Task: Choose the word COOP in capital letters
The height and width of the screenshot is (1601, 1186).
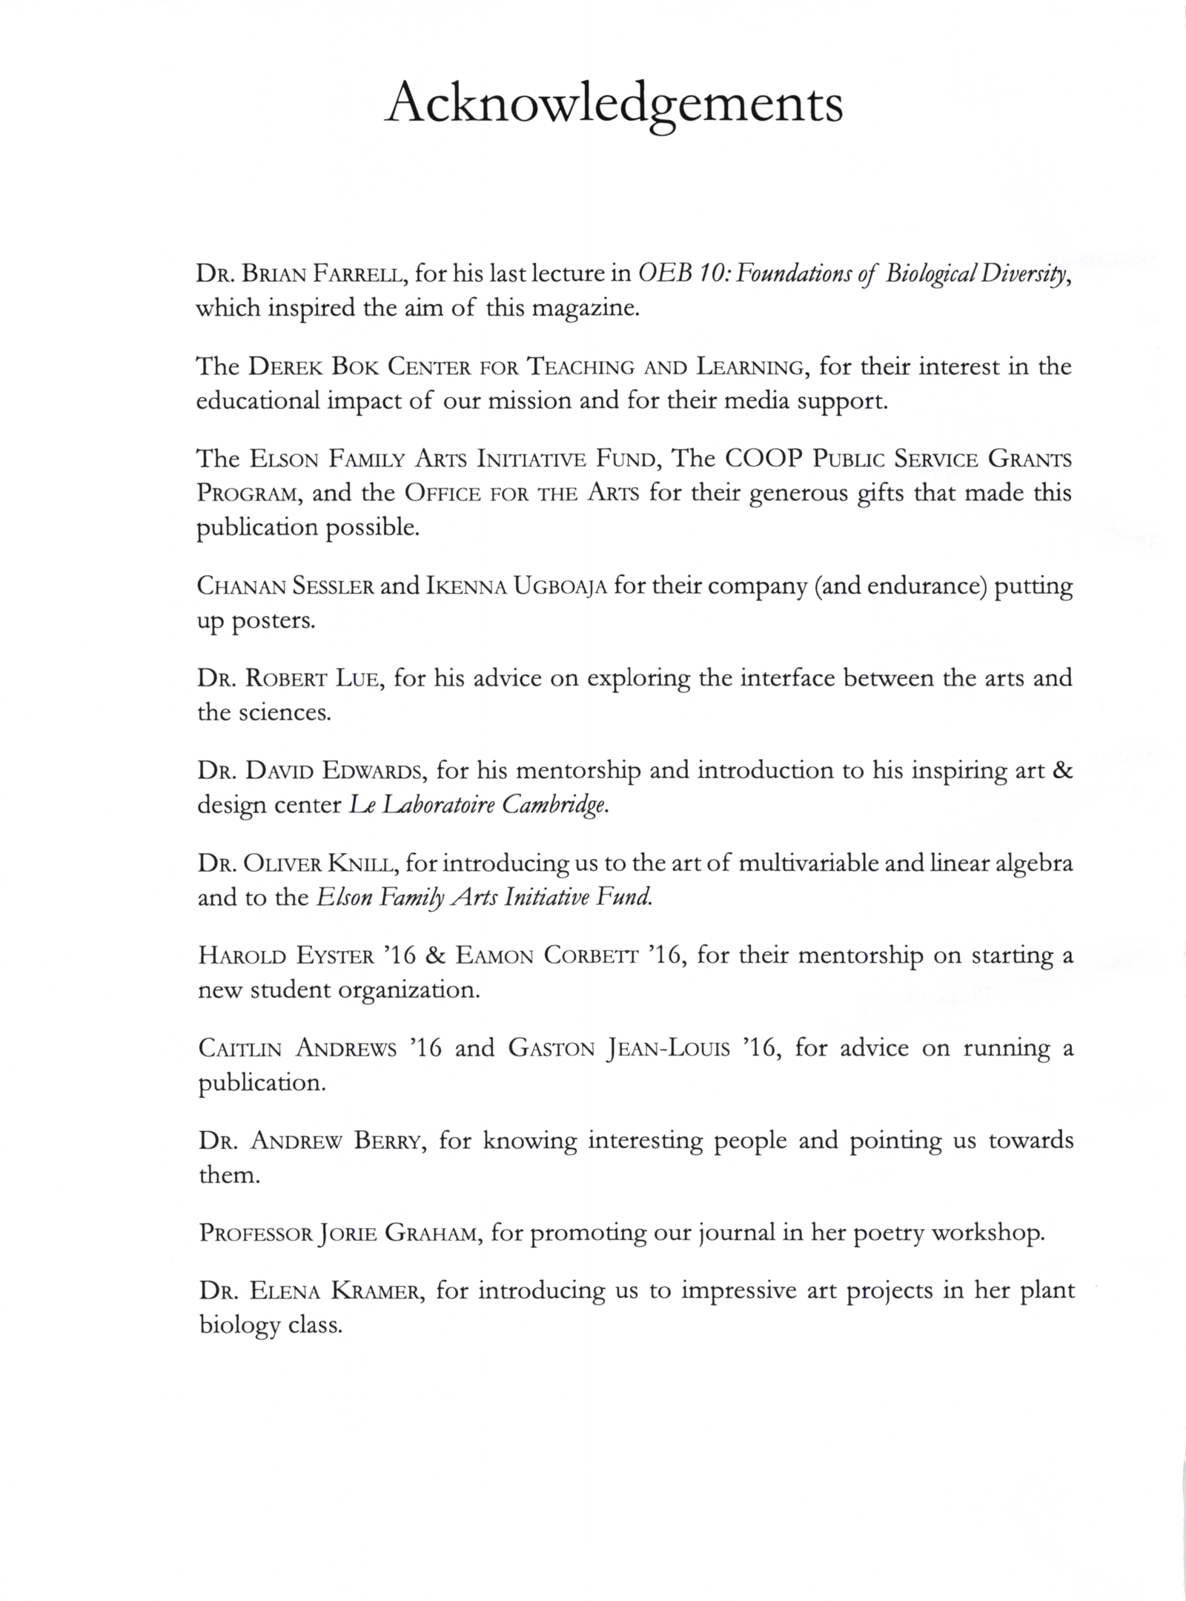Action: tap(763, 459)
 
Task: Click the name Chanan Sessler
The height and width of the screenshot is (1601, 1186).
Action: tap(285, 586)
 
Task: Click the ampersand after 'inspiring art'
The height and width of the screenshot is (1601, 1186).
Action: tap(1062, 771)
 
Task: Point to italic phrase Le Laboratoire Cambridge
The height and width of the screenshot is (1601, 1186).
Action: tap(479, 806)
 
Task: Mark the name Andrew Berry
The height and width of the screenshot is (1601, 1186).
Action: tap(337, 1141)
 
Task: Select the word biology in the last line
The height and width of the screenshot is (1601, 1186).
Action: tap(239, 1325)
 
